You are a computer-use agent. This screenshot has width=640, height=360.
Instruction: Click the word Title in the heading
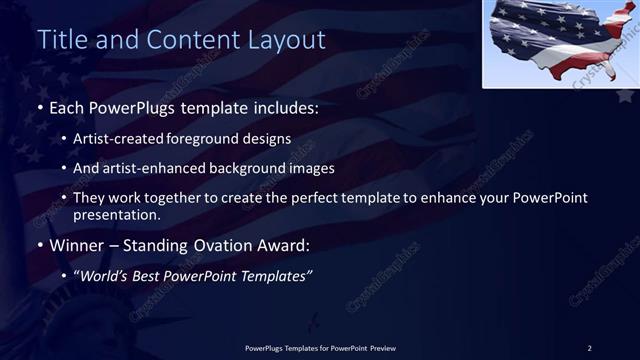pyautogui.click(x=61, y=40)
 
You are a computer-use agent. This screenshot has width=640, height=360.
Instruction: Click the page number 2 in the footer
pyautogui.click(x=590, y=347)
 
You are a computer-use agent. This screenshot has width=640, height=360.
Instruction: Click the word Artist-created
pyautogui.click(x=124, y=139)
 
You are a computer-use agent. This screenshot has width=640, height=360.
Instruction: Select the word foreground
pyautogui.click(x=216, y=139)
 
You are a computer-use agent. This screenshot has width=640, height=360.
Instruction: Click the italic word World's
pyautogui.click(x=104, y=276)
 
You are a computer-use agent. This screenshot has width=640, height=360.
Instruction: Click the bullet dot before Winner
pyautogui.click(x=40, y=245)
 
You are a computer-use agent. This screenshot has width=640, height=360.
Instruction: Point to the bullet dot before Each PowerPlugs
pyautogui.click(x=40, y=105)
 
